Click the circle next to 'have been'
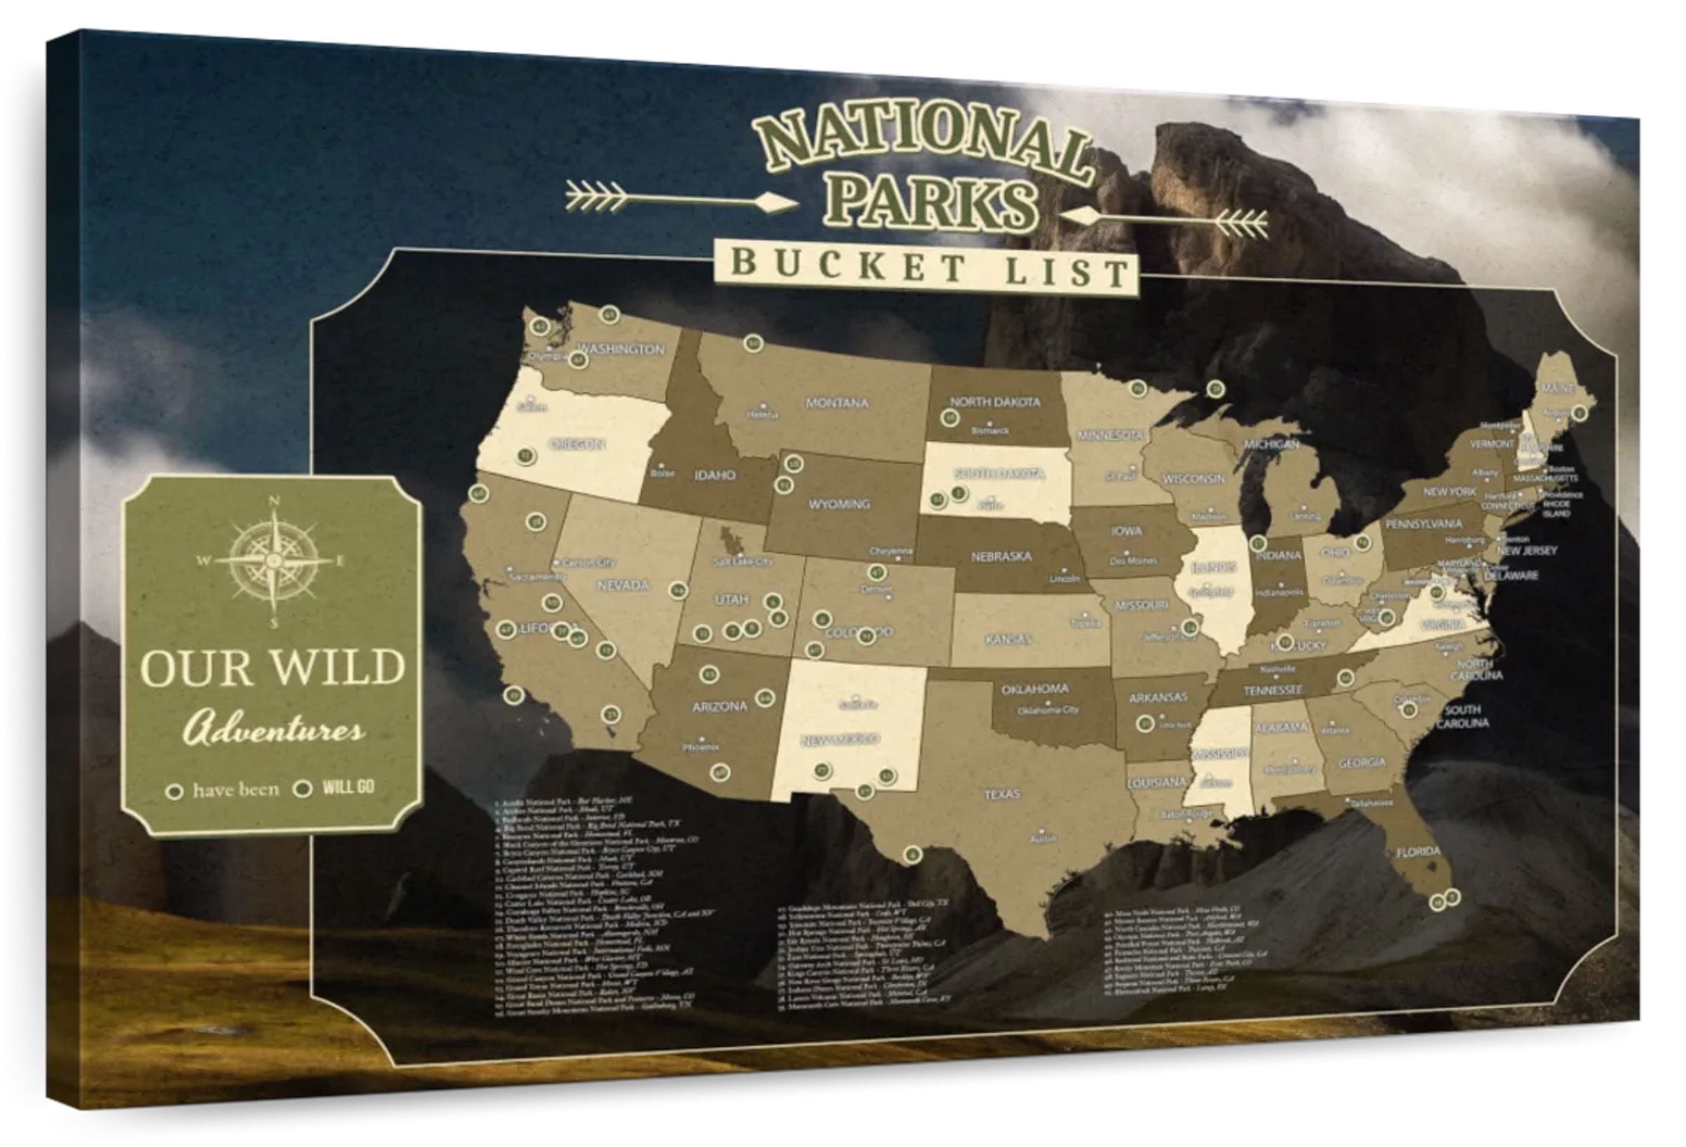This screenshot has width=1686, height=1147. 175,791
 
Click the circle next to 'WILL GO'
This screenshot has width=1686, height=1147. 303,788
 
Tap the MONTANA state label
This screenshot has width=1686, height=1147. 836,402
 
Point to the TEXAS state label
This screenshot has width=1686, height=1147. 1001,794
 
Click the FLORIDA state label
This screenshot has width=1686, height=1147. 1418,851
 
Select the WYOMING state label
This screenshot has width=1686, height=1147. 839,504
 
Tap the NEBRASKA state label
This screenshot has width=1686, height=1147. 1001,557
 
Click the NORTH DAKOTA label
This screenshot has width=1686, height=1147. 995,401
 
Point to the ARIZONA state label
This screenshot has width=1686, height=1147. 718,707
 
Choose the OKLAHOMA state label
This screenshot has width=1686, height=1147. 1035,689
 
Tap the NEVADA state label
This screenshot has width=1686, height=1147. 623,585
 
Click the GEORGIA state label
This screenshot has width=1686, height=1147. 1362,762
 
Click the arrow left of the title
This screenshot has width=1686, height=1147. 680,200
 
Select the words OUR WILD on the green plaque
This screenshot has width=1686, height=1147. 272,667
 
